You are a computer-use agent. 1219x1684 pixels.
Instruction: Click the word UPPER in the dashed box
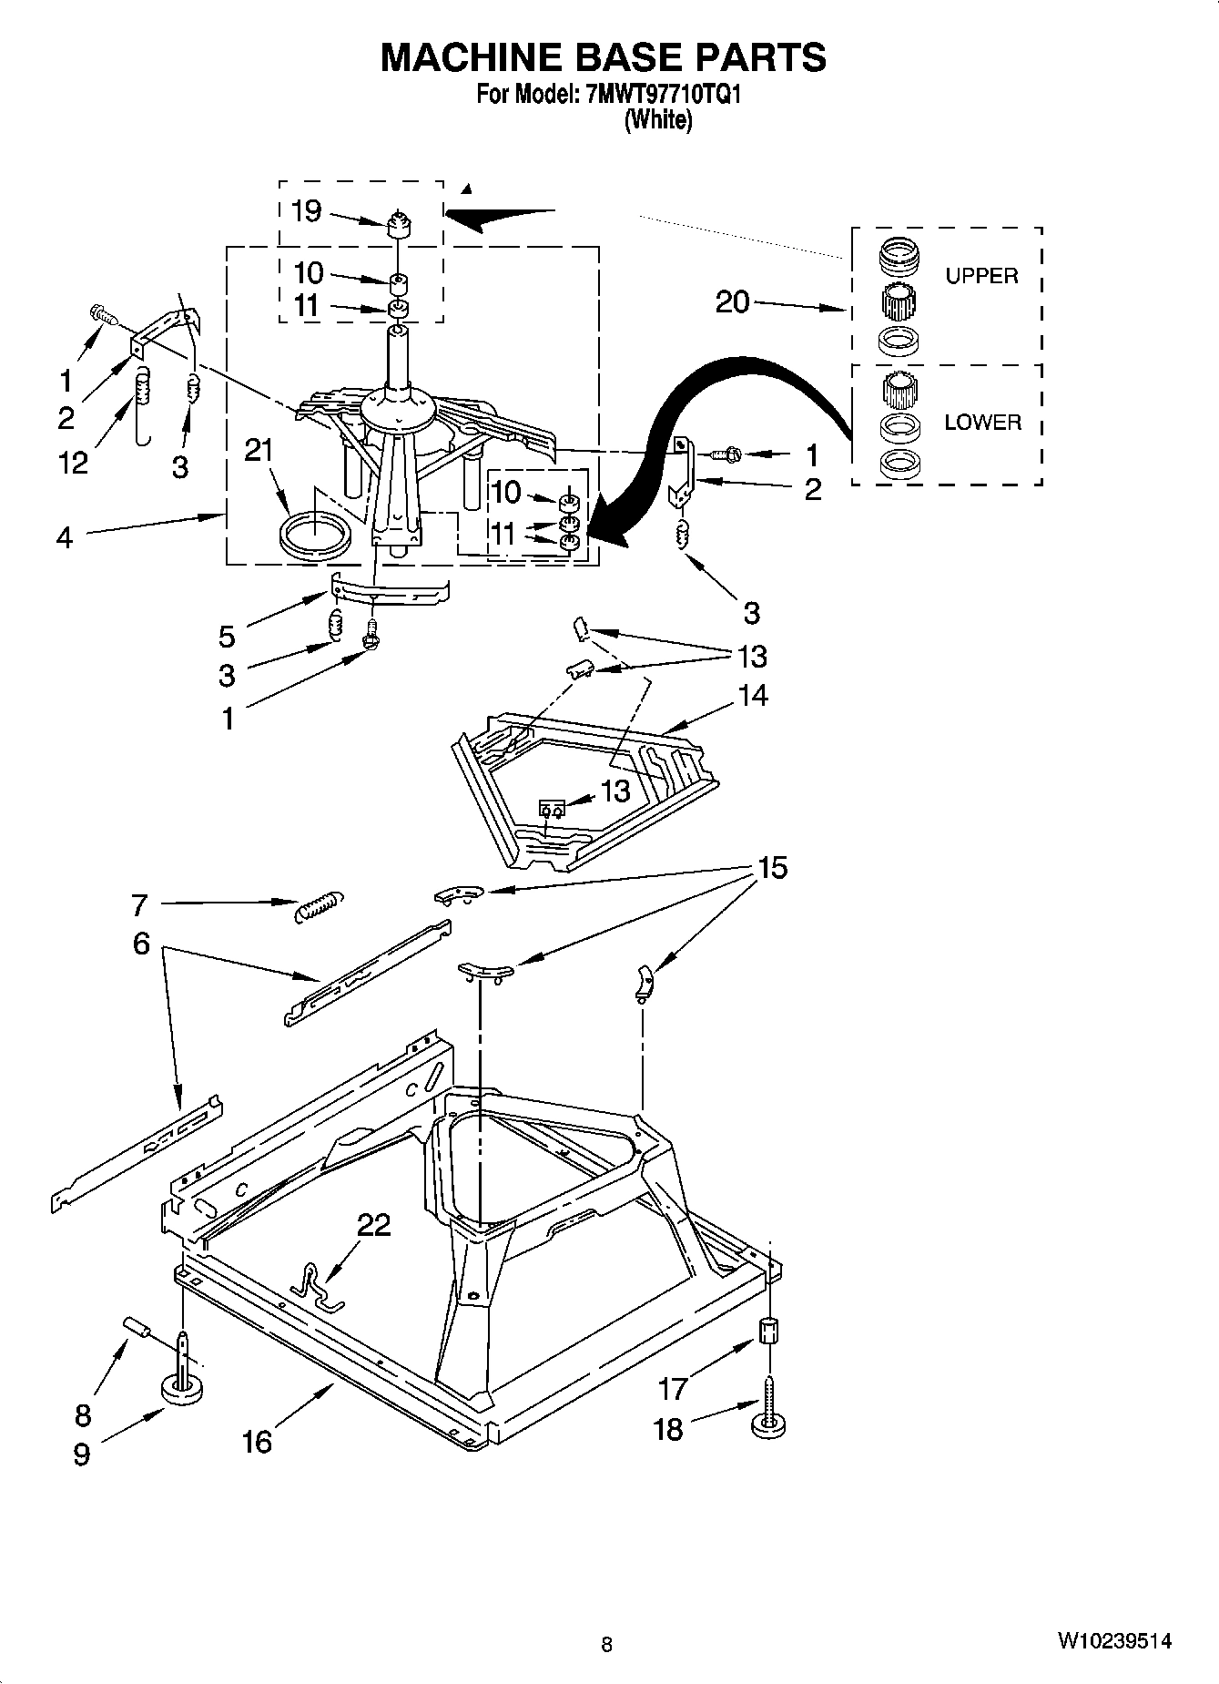(x=981, y=276)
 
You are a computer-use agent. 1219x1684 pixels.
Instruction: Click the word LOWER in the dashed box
(x=982, y=423)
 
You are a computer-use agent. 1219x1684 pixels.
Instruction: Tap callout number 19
(x=307, y=211)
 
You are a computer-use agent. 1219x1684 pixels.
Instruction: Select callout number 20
(x=732, y=301)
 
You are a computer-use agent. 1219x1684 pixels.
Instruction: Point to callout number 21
(x=259, y=450)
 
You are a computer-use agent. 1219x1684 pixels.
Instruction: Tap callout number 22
(x=373, y=1225)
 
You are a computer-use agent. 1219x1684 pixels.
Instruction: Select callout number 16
(x=258, y=1441)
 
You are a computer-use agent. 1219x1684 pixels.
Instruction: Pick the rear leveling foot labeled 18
(x=769, y=1424)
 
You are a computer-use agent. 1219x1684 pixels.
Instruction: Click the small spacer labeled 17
(x=769, y=1333)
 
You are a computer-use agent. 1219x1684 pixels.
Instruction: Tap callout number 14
(x=753, y=696)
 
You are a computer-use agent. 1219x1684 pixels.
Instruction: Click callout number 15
(x=772, y=868)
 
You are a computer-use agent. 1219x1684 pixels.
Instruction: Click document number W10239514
(x=1113, y=1641)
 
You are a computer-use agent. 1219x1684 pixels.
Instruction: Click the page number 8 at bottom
(x=606, y=1644)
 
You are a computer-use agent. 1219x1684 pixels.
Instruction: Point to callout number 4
(x=64, y=537)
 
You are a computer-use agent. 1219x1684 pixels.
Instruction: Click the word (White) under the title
(x=657, y=120)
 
